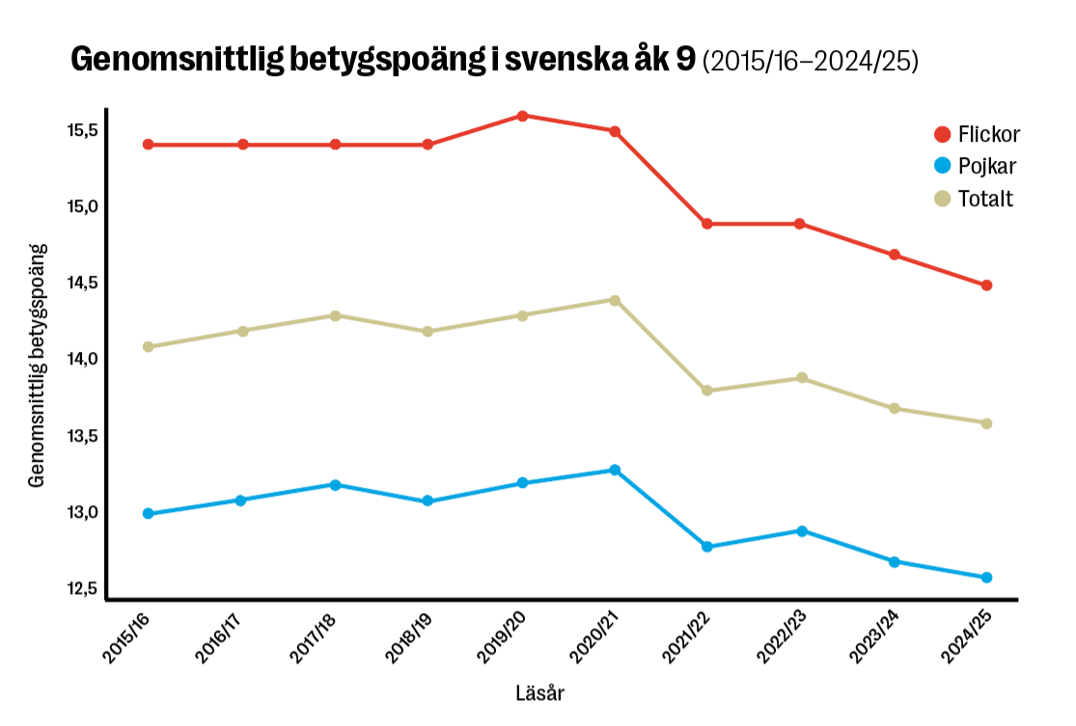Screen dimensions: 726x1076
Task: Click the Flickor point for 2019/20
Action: pyautogui.click(x=522, y=116)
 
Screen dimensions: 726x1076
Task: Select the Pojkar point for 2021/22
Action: pyautogui.click(x=707, y=547)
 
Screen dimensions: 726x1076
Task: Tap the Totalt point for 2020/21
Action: pyautogui.click(x=615, y=300)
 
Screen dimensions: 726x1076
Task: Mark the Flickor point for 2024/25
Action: pyautogui.click(x=986, y=285)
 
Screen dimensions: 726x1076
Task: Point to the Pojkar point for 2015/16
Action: pyautogui.click(x=148, y=514)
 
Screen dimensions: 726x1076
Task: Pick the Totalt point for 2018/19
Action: pyautogui.click(x=428, y=332)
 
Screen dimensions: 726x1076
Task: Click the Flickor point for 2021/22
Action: pyautogui.click(x=707, y=224)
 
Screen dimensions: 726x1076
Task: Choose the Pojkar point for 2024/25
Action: pyautogui.click(x=986, y=578)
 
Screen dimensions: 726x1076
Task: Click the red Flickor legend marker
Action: pyautogui.click(x=943, y=133)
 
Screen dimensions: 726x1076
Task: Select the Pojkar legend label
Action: pyautogui.click(x=987, y=166)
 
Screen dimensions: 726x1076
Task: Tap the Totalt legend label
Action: pyautogui.click(x=985, y=199)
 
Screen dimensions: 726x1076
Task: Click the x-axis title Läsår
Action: pyautogui.click(x=540, y=693)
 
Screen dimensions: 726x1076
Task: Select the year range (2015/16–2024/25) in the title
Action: pyautogui.click(x=810, y=62)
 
